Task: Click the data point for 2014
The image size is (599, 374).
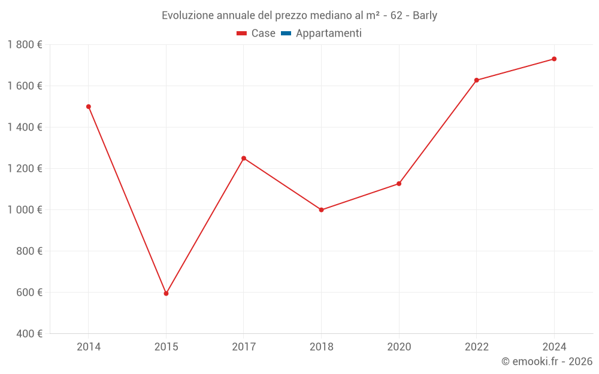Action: (x=89, y=107)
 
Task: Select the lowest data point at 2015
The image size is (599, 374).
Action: (x=166, y=293)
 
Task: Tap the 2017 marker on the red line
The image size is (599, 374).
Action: (x=244, y=158)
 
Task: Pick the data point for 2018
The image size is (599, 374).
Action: (x=321, y=209)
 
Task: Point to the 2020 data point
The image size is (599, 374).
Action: (x=399, y=184)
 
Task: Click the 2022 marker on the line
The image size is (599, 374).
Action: (x=476, y=80)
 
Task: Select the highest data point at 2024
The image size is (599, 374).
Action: (x=554, y=59)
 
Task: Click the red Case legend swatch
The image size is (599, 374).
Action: (x=242, y=34)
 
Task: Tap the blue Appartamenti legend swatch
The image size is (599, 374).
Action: (x=286, y=34)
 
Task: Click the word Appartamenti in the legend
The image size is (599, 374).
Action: (x=328, y=34)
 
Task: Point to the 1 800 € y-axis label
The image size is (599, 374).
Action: (x=25, y=45)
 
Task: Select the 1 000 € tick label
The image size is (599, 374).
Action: (x=25, y=210)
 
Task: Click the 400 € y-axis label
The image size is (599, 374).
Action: (x=28, y=334)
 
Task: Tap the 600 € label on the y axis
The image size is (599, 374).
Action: (x=28, y=293)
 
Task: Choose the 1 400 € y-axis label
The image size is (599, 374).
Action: (x=25, y=127)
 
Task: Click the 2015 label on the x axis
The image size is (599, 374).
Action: (x=166, y=346)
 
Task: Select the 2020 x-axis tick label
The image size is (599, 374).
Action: (x=399, y=346)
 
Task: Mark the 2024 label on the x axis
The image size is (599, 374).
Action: (x=554, y=346)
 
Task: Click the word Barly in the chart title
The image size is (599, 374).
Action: (x=425, y=16)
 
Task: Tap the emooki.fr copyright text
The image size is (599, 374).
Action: (x=546, y=361)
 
